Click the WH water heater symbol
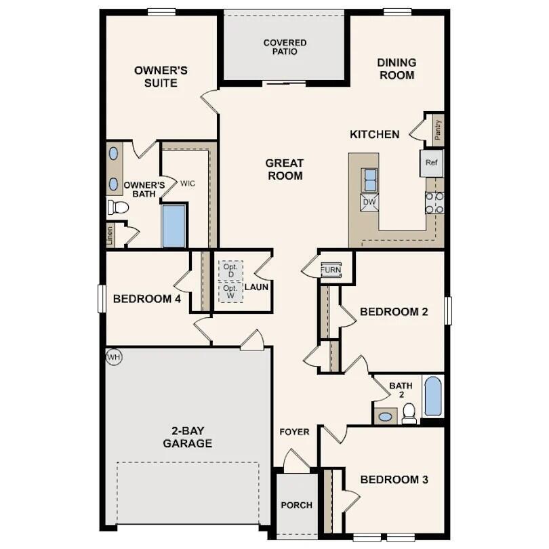[x=113, y=357]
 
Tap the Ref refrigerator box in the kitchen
[x=431, y=163]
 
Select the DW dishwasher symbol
[x=369, y=202]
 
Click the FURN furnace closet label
[x=331, y=269]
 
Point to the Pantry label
[x=439, y=129]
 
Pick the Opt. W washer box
[x=230, y=292]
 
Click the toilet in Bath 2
[x=409, y=413]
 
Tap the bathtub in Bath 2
[x=432, y=396]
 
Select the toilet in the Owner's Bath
[x=118, y=207]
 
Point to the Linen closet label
[x=110, y=235]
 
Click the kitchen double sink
[x=370, y=180]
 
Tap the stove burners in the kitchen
[x=434, y=203]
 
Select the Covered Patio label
[x=285, y=47]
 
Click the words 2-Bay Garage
[x=187, y=437]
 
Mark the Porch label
[x=297, y=505]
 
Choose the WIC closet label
[x=188, y=183]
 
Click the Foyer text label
[x=295, y=432]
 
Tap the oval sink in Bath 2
[x=386, y=416]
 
